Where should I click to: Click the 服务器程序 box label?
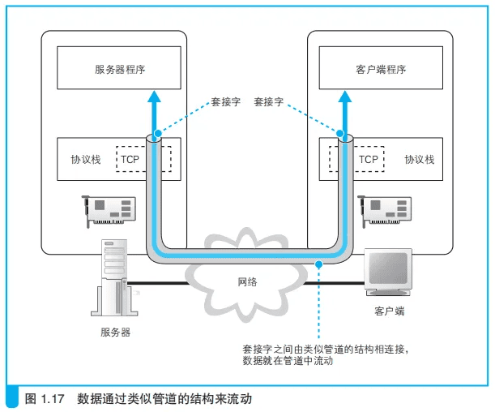coord(120,69)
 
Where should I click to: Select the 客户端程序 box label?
coord(381,69)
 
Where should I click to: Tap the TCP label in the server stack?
coord(130,159)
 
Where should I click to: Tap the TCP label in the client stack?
coord(368,159)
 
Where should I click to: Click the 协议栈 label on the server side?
coord(86,159)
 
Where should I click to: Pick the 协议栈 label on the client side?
coord(419,159)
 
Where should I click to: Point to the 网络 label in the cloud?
coord(247,281)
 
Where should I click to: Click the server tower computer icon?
coord(114,278)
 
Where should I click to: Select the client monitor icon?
coord(388,272)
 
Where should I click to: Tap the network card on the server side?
coord(109,211)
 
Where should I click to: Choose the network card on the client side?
coord(384,211)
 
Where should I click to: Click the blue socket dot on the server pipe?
coord(158,134)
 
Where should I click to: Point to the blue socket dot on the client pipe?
coord(340,134)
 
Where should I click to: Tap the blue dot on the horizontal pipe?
coord(319,264)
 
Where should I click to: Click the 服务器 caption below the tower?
coord(115,332)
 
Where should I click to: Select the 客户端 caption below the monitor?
coord(389,311)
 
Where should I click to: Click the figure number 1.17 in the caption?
coord(53,399)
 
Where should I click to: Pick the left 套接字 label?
coord(226,101)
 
